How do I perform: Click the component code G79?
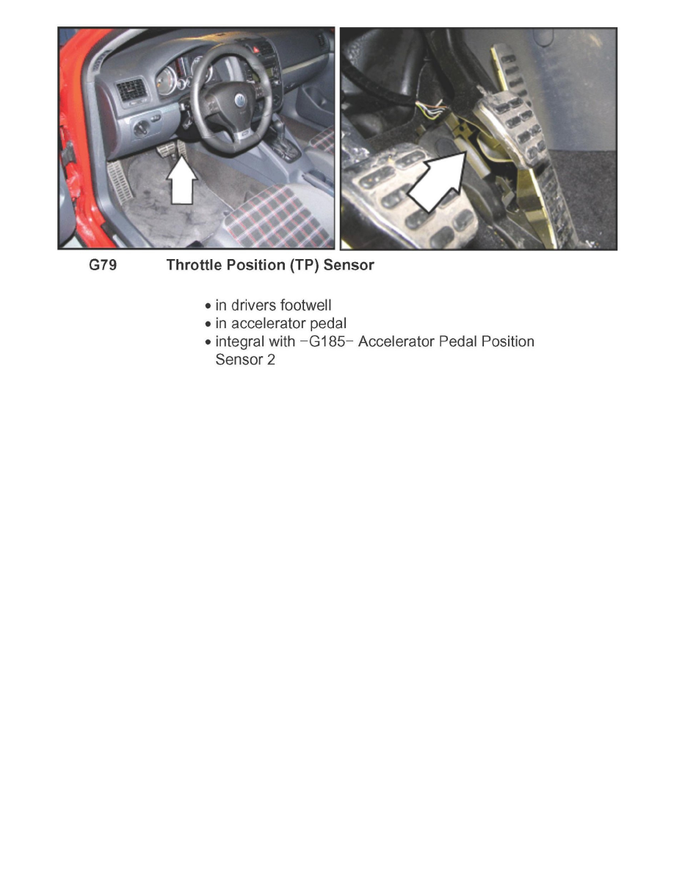point(102,266)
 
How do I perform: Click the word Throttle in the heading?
point(192,266)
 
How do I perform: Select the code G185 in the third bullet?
point(330,342)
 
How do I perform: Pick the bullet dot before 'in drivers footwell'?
point(209,305)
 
